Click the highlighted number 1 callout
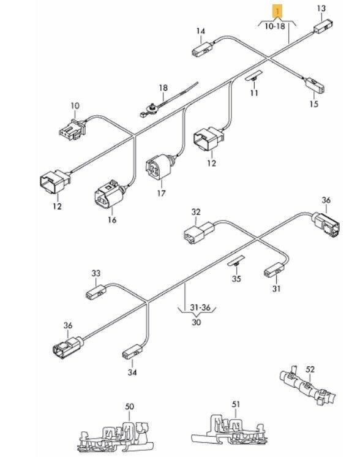coord(277,12)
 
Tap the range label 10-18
coord(275,26)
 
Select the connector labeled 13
coord(323,26)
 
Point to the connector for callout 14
coord(203,48)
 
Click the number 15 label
coord(313,104)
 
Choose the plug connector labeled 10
coord(72,128)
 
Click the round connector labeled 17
coord(160,167)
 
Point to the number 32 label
coord(196,212)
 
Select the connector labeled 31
coord(274,270)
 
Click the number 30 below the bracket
coord(197,322)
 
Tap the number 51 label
coord(236,404)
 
